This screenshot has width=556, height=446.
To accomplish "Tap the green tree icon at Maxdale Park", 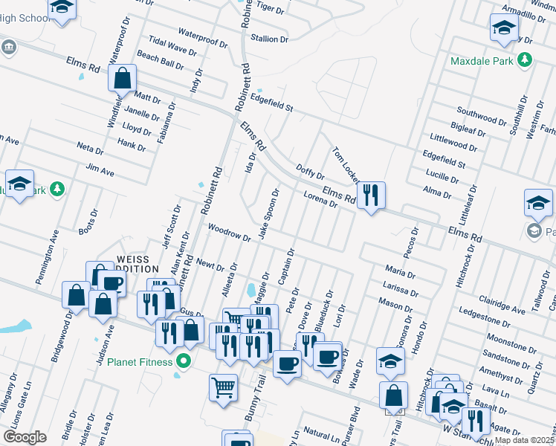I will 526,59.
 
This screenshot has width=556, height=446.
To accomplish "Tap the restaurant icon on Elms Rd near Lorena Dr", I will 370,196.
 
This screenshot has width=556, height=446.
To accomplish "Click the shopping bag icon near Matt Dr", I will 122,78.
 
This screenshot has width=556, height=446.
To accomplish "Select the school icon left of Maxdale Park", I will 504,30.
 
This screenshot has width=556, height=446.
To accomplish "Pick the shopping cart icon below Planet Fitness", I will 223,388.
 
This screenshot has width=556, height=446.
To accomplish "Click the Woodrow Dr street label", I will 229,233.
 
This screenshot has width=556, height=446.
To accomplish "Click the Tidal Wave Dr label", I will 172,48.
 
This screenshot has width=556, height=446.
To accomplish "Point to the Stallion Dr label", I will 269,39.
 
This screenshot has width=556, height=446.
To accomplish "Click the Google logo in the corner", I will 25,437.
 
